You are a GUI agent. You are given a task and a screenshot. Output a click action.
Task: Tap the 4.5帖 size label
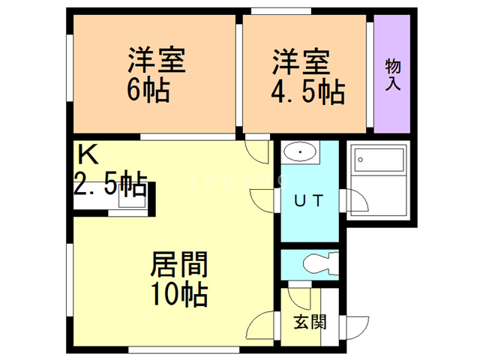(307, 92)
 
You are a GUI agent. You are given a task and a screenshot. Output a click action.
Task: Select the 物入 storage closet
(392, 73)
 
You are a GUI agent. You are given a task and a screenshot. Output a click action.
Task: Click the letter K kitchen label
(88, 156)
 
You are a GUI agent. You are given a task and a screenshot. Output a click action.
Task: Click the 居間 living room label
(179, 265)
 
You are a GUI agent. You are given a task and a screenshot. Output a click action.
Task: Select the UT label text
(308, 201)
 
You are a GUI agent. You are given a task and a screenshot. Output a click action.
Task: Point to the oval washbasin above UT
(301, 154)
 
